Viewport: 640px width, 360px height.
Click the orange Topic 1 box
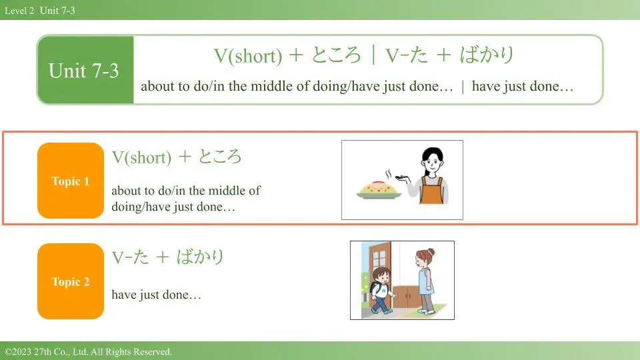point(71,181)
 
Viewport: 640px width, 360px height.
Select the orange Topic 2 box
point(71,281)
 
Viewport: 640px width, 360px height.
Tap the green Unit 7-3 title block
point(85,70)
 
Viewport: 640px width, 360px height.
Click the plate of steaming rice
point(379,189)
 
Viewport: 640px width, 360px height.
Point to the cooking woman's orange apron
point(432,191)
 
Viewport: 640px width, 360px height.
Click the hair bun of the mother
point(431,251)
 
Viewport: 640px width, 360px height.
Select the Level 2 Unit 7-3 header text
point(40,11)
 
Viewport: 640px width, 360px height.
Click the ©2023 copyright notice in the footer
point(88,352)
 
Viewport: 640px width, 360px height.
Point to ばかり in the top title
point(487,55)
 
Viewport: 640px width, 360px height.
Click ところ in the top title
point(336,55)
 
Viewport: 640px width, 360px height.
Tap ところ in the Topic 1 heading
point(220,157)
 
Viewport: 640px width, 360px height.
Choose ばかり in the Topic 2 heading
point(201,257)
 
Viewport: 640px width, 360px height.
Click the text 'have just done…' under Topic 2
point(156,295)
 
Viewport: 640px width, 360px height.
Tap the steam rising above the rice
point(388,174)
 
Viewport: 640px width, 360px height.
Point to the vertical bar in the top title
point(373,55)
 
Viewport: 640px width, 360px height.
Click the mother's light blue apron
point(426,281)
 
